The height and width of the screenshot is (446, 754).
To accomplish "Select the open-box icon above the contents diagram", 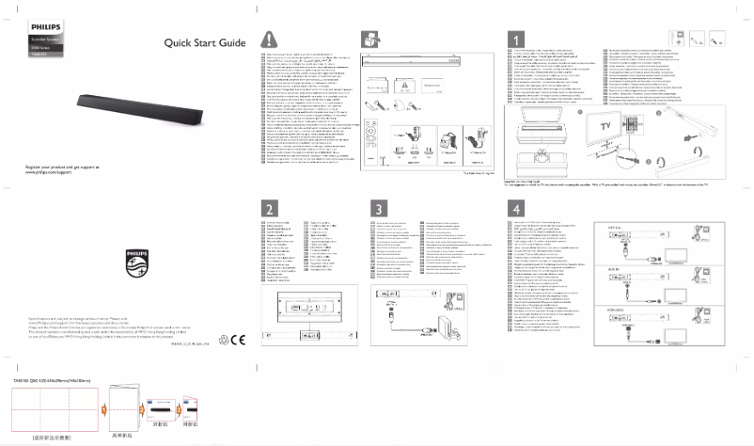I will [369, 40].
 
